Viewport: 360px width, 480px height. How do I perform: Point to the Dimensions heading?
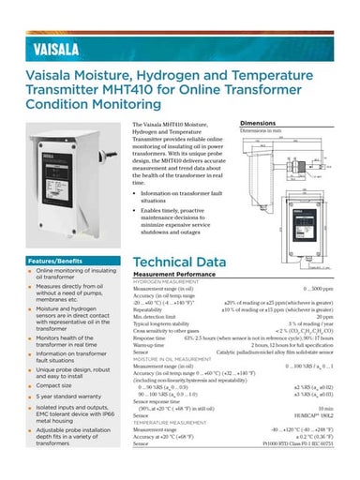pyautogui.click(x=258, y=123)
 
